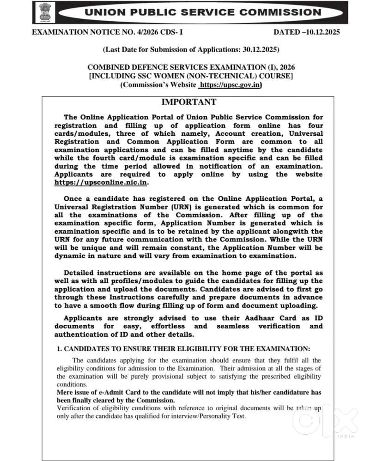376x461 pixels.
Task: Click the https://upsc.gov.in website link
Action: click(x=230, y=84)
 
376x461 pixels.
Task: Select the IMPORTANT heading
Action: click(x=188, y=102)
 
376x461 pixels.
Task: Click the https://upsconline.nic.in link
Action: click(x=101, y=183)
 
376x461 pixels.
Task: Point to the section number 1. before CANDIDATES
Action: click(x=59, y=348)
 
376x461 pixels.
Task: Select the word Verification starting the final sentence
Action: click(x=74, y=408)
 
